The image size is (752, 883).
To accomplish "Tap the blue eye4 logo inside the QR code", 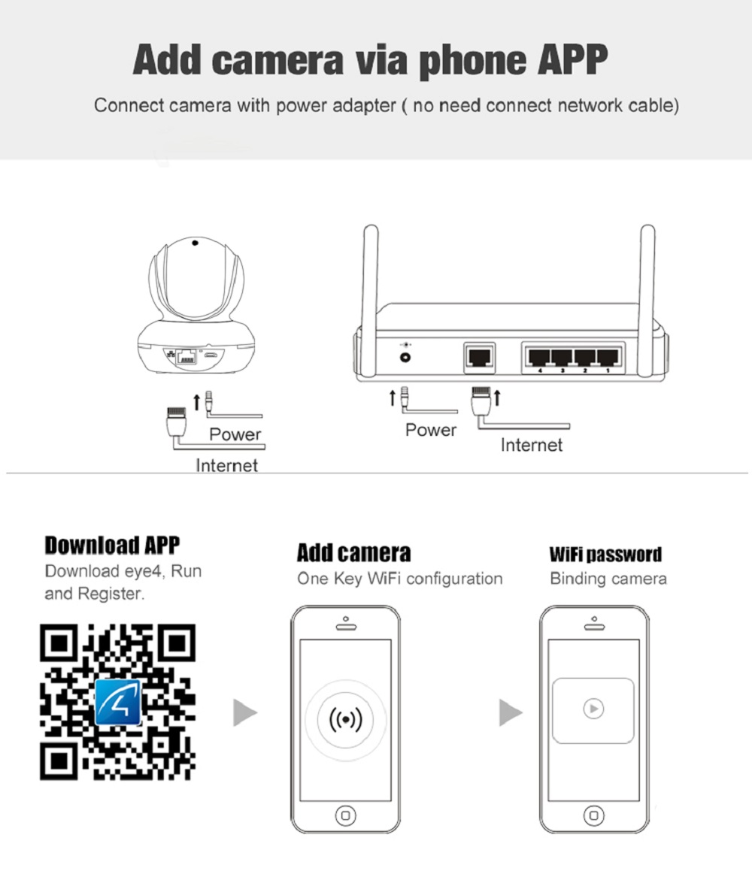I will [118, 701].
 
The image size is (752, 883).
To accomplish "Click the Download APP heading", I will [112, 545].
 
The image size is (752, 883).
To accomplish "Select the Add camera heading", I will [353, 553].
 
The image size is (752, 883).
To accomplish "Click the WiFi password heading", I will [605, 555].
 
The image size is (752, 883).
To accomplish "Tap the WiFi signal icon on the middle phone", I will [346, 719].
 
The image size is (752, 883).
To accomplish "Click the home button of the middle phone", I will [345, 814].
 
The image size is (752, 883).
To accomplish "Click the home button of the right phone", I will [593, 814].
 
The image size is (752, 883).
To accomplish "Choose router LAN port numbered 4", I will [538, 356].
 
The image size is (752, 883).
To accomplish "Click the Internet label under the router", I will [531, 446].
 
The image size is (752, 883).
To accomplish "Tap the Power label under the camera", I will [235, 434].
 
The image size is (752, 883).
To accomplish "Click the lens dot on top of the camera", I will [194, 243].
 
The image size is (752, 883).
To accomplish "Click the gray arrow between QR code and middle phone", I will [244, 712].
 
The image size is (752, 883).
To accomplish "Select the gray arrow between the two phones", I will [510, 712].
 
